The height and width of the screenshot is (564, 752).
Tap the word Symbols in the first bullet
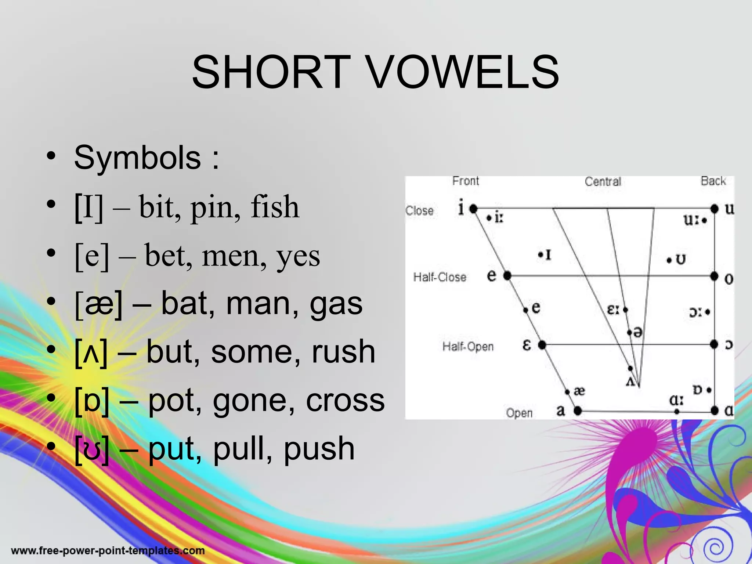tap(137, 158)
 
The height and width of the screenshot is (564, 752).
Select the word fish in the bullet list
tap(275, 207)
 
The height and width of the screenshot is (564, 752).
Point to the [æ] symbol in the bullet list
tap(98, 304)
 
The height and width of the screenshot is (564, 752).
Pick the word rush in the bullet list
tap(343, 352)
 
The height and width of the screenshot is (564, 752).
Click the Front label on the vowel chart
tap(466, 181)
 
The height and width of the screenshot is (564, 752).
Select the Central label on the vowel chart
tap(603, 182)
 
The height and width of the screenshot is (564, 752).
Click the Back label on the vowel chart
tap(713, 181)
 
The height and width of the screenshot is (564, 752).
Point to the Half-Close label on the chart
tap(440, 277)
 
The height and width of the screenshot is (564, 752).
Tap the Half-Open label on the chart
tap(468, 347)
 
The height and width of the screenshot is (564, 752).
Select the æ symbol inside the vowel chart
tap(579, 391)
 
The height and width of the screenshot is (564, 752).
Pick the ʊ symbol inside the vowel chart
tap(680, 260)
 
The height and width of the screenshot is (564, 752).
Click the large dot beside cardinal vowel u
tap(714, 209)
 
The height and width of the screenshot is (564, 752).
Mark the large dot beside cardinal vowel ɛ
tap(542, 345)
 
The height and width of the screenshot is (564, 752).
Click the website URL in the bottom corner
tap(108, 551)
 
